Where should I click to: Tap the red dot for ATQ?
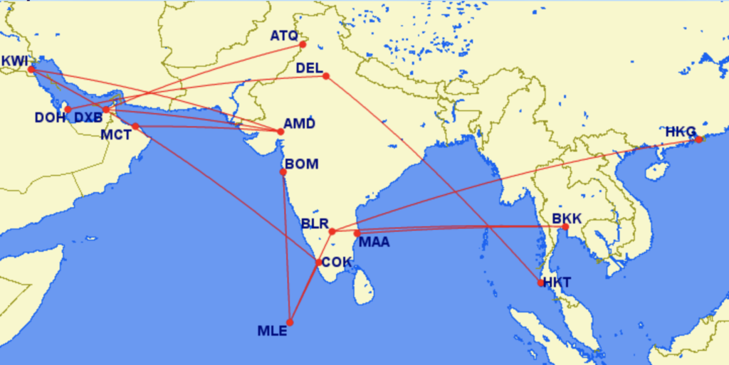coord(303,45)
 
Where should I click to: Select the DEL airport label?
coord(309,69)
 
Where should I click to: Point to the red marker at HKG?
coord(698,139)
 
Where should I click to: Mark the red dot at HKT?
coord(541,283)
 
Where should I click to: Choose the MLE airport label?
coord(272,331)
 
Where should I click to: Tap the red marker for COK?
coord(319,263)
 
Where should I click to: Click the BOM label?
coord(301,164)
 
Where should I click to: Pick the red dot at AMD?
coord(280,132)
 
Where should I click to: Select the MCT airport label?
coord(115,134)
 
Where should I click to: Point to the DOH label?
coord(50,118)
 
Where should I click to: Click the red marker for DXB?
coord(106,110)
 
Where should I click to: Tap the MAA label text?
coord(374,243)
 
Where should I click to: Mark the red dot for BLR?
coord(332,231)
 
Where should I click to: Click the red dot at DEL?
coord(326,76)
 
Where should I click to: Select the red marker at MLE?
coord(290,322)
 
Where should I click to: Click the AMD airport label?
coord(299,122)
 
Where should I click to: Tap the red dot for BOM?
coord(283,172)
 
